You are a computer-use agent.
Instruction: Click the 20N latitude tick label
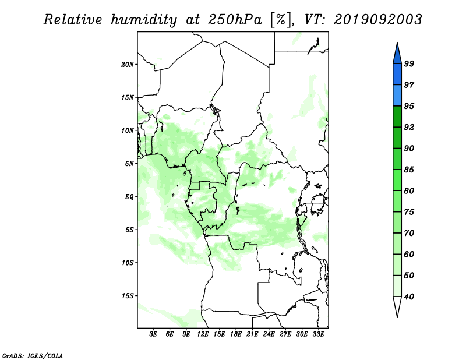pyautogui.click(x=128, y=65)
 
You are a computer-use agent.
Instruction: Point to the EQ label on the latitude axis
pyautogui.click(x=129, y=197)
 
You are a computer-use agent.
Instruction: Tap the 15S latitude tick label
pyautogui.click(x=128, y=296)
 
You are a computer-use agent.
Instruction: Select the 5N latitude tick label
pyautogui.click(x=129, y=164)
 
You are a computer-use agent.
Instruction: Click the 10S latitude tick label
pyautogui.click(x=128, y=263)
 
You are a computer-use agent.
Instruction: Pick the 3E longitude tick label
pyautogui.click(x=153, y=334)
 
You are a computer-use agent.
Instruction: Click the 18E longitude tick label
pyautogui.click(x=236, y=334)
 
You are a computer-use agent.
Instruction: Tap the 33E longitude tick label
pyautogui.click(x=318, y=334)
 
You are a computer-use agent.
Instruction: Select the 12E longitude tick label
pyautogui.click(x=203, y=334)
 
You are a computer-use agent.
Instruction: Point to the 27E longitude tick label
pyautogui.click(x=285, y=334)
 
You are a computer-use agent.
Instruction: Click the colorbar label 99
pyautogui.click(x=409, y=63)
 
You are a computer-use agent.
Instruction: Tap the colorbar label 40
pyautogui.click(x=409, y=297)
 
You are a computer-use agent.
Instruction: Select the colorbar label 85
pyautogui.click(x=409, y=170)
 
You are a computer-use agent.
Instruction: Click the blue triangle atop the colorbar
pyautogui.click(x=397, y=53)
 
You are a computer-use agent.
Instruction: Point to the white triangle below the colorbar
pyautogui.click(x=397, y=307)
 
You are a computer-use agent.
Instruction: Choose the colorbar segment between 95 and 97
pyautogui.click(x=397, y=96)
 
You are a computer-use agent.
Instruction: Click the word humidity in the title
pyautogui.click(x=144, y=20)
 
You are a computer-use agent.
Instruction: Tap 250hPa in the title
pyautogui.click(x=235, y=20)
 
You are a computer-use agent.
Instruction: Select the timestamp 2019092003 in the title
pyautogui.click(x=378, y=20)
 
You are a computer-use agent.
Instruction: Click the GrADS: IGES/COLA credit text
pyautogui.click(x=33, y=355)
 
